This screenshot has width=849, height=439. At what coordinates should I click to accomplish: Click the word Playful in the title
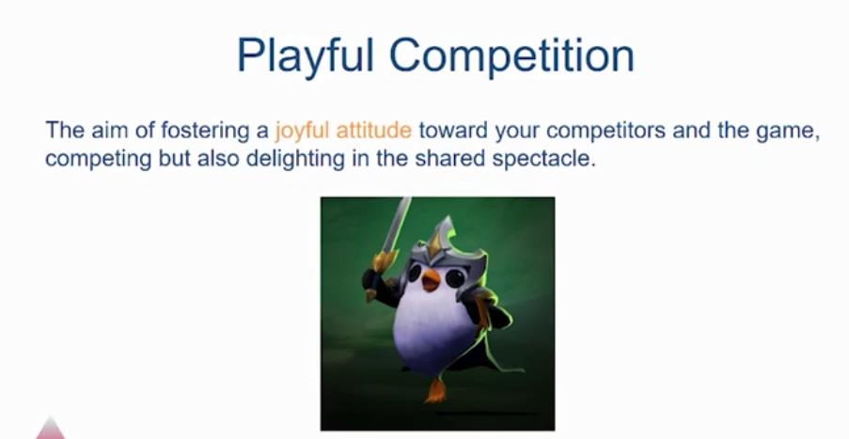[306, 55]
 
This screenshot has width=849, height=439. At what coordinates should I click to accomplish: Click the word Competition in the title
[511, 55]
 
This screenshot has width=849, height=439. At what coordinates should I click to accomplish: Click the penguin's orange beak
[431, 280]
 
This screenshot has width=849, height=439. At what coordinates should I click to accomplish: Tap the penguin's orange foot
[435, 390]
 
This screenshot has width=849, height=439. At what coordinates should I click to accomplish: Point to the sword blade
[398, 224]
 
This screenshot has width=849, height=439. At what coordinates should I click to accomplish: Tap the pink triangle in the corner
[51, 428]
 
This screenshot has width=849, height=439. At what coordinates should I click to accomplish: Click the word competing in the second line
[98, 160]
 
